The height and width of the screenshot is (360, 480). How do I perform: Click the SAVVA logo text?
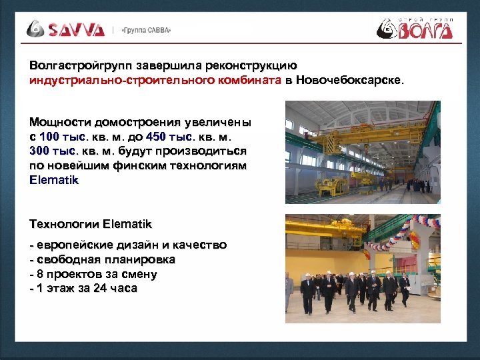click(x=75, y=29)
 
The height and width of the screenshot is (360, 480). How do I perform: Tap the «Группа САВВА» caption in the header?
click(x=146, y=30)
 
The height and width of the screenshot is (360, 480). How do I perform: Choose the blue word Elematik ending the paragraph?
click(x=54, y=180)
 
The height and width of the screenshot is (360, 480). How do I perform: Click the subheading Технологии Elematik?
click(x=91, y=224)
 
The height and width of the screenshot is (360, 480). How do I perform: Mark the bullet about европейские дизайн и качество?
click(x=128, y=245)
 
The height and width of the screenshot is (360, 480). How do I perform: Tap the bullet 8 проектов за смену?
click(x=93, y=274)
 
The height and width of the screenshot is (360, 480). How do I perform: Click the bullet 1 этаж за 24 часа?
click(x=84, y=289)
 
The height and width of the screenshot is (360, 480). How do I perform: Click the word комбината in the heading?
click(x=243, y=81)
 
